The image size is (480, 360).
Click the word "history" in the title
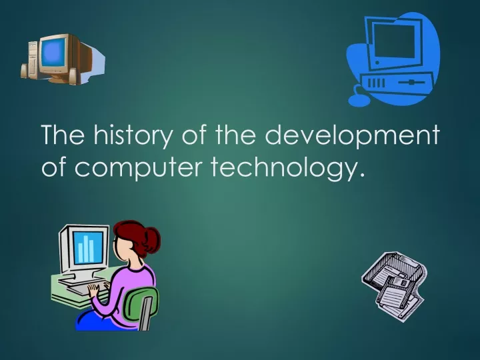coord(133,135)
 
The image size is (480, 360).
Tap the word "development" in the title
coord(352,135)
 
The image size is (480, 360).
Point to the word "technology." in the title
coord(288,167)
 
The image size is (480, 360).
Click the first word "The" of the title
coord(63,135)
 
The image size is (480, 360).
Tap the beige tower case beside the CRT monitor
coord(33,58)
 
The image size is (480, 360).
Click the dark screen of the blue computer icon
coord(395,41)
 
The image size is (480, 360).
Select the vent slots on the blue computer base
coord(375,83)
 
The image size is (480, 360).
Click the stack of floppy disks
coord(394,285)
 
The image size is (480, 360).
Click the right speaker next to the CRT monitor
coord(73,77)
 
